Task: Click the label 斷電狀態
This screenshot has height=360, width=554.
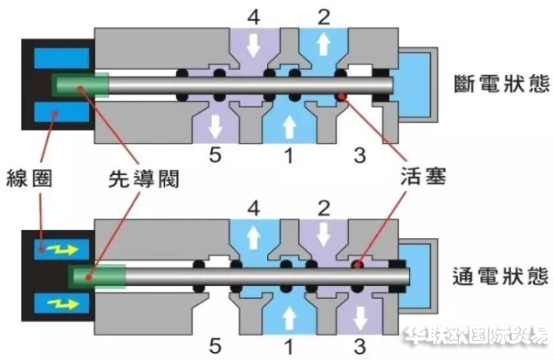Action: (x=501, y=85)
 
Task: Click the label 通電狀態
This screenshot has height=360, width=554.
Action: (x=501, y=276)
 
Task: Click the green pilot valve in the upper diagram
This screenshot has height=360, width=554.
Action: (x=79, y=85)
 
